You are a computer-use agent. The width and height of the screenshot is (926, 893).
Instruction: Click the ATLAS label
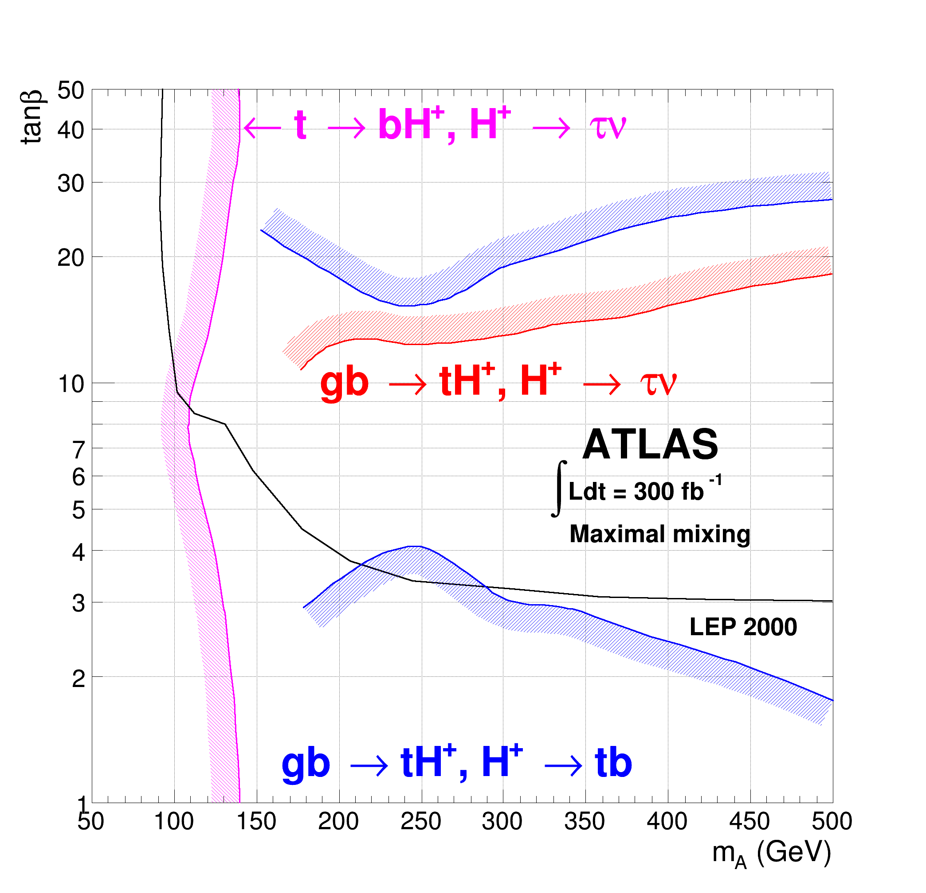click(x=650, y=445)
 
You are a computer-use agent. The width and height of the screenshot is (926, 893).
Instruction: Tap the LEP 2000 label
click(x=743, y=627)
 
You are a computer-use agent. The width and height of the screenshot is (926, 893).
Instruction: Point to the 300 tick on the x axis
click(x=502, y=822)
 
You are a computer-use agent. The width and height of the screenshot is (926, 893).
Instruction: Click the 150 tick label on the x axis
click(x=256, y=822)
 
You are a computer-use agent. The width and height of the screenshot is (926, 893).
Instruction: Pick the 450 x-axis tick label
click(x=749, y=822)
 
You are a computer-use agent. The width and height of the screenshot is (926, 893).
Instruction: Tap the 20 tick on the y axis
click(x=71, y=258)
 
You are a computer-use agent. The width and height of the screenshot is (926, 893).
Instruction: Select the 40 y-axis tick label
click(x=71, y=130)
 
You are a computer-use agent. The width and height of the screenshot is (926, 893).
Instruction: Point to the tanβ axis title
click(x=32, y=117)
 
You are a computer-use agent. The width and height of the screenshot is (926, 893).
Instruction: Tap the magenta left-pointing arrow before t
click(x=263, y=128)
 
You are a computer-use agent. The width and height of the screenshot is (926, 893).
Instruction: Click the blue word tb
click(x=613, y=763)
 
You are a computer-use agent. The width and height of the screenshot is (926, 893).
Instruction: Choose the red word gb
click(x=344, y=383)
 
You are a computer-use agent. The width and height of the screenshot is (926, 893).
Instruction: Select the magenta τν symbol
click(x=608, y=127)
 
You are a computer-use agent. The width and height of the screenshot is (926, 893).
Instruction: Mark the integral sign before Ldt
click(x=559, y=489)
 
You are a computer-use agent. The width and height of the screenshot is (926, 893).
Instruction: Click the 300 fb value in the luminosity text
click(x=668, y=492)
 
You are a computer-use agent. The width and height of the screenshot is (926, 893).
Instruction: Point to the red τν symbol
click(x=658, y=383)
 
